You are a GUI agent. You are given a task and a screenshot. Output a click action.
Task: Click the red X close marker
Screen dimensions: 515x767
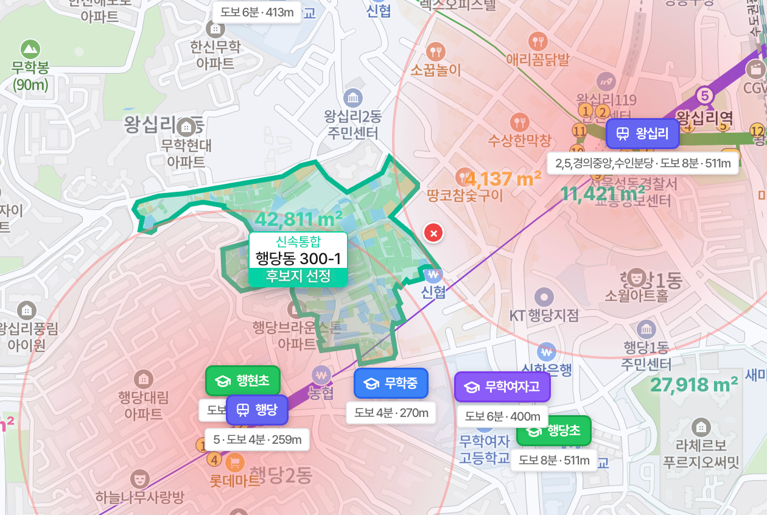(433, 233)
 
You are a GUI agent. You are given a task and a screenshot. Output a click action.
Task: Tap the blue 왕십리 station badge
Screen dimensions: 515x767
(643, 134)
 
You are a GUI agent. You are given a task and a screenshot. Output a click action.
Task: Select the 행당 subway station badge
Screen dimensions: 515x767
(256, 410)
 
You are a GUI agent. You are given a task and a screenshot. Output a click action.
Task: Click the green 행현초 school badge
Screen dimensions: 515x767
(243, 381)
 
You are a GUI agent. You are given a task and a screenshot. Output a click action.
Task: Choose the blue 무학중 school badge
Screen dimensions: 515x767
(391, 384)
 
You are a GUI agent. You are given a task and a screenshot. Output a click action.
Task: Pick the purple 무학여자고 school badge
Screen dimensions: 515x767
(502, 387)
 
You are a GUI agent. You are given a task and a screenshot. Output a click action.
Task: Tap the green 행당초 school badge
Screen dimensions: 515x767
(553, 431)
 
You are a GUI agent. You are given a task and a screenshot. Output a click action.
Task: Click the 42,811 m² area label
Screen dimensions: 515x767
(298, 219)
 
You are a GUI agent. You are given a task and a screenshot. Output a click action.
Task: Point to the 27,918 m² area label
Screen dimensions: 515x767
(694, 385)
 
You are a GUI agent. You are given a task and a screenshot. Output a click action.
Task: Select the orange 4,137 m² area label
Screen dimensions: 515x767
(502, 179)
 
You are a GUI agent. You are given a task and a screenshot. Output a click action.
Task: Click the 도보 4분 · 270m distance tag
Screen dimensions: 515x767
(391, 413)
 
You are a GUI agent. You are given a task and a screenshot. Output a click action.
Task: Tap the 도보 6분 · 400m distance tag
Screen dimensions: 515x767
(503, 416)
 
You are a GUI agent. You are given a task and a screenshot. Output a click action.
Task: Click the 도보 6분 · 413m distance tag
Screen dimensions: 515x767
(257, 12)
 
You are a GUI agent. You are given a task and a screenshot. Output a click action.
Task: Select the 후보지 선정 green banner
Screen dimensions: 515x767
(298, 277)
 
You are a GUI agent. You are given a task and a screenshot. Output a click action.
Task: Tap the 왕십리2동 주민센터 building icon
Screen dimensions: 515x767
(352, 97)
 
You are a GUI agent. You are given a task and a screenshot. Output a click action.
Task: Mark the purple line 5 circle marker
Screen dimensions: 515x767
(704, 96)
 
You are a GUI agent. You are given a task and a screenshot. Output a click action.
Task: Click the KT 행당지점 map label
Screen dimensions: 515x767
(544, 315)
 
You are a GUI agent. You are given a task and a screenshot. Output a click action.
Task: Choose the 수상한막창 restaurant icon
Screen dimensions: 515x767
(519, 122)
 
